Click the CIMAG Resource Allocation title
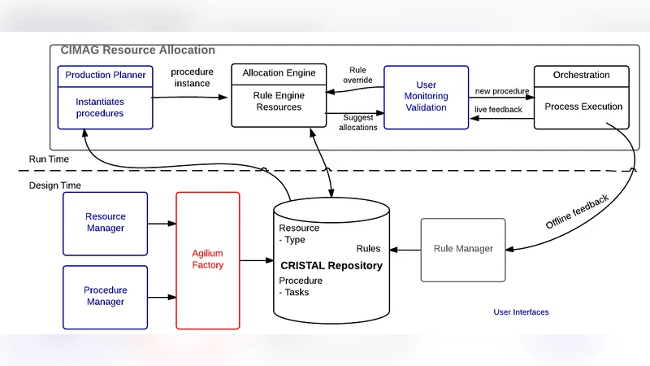pyautogui.click(x=137, y=50)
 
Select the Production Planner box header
pyautogui.click(x=106, y=75)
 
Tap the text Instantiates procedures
pyautogui.click(x=100, y=107)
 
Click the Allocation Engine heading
pyautogui.click(x=279, y=74)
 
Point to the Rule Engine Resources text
pyautogui.click(x=279, y=102)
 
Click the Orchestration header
pyautogui.click(x=581, y=75)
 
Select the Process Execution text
pyautogui.click(x=583, y=107)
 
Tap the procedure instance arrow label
pyautogui.click(x=191, y=77)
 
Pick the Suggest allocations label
pyautogui.click(x=357, y=123)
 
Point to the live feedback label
pyautogui.click(x=498, y=109)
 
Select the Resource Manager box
pyautogui.click(x=106, y=223)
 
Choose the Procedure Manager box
pyautogui.click(x=106, y=296)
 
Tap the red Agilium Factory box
pyautogui.click(x=208, y=260)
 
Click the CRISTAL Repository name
pyautogui.click(x=331, y=265)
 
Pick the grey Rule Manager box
pyautogui.click(x=463, y=248)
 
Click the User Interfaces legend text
pyautogui.click(x=521, y=312)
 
